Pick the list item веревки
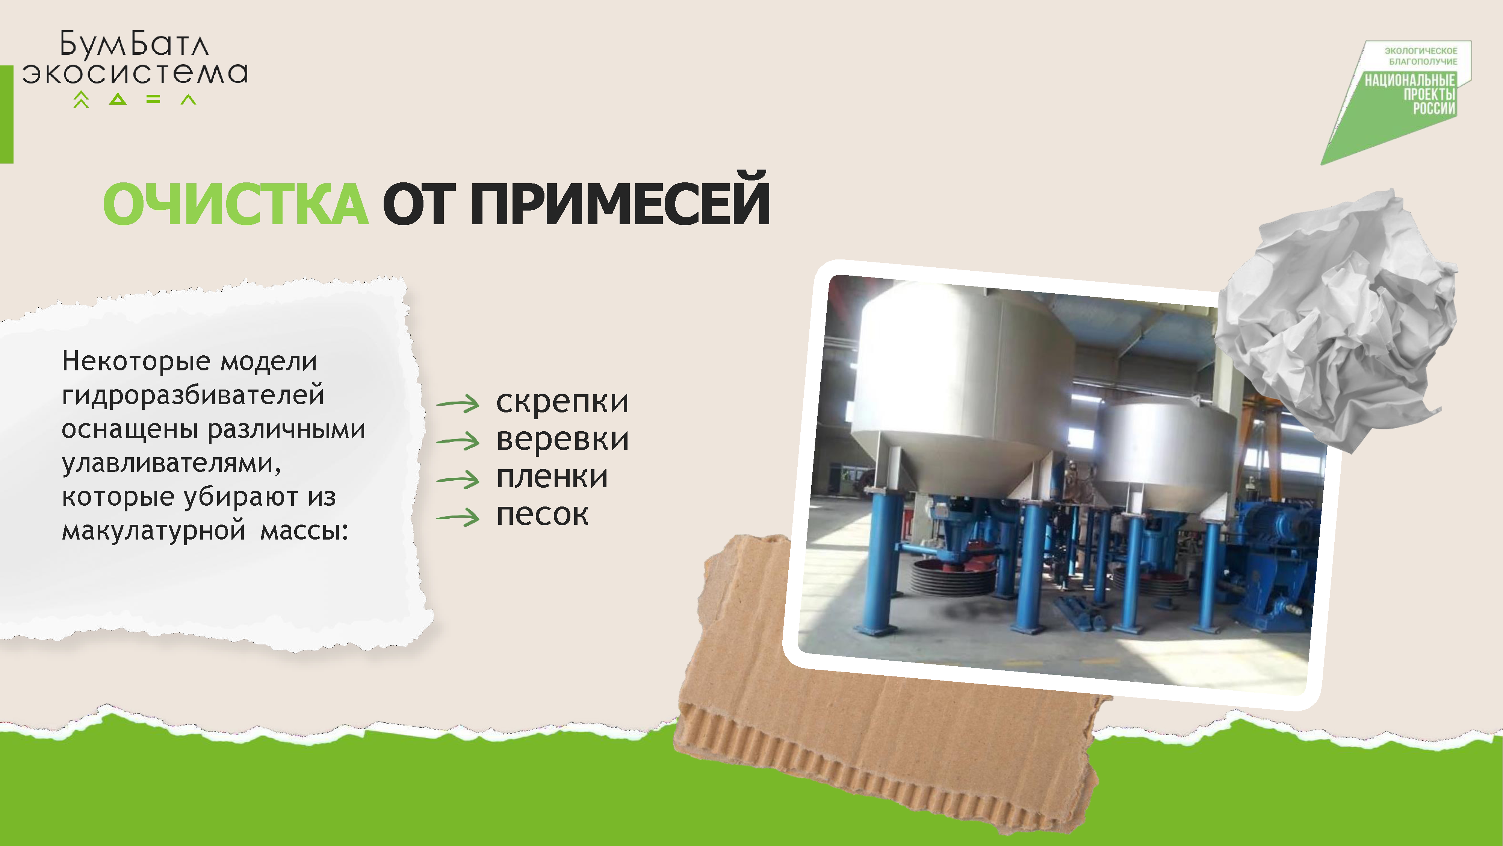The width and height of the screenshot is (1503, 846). [562, 439]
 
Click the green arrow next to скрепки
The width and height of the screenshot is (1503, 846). [458, 403]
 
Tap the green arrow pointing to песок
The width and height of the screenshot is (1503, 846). [458, 517]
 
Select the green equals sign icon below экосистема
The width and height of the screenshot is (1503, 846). [153, 100]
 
